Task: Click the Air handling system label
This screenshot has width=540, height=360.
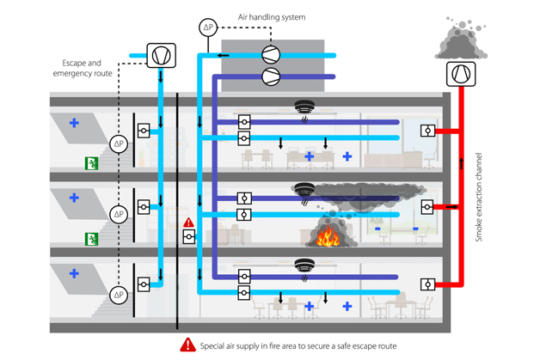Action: pos(271,16)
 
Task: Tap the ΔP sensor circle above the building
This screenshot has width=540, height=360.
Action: pos(208,27)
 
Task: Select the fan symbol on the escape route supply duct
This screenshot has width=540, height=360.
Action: pos(161,56)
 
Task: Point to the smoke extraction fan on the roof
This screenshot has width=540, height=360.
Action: pos(461,74)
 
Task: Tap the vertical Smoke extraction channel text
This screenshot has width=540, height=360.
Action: pos(479,198)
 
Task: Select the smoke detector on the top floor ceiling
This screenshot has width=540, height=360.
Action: pos(304,108)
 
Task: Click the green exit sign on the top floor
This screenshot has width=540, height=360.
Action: pos(90,163)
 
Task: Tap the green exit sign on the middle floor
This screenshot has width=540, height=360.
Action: pos(90,238)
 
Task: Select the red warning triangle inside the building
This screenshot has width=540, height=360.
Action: pos(189,223)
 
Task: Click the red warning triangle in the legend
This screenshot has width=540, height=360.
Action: pos(187,345)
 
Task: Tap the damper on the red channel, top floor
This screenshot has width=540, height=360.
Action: pos(427,131)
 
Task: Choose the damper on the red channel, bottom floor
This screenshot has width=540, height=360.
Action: pos(427,284)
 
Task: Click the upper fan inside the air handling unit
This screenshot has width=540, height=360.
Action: pos(273,55)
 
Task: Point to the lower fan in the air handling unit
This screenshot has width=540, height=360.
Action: pos(273,77)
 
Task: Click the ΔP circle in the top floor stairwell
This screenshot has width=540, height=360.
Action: pos(119,143)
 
